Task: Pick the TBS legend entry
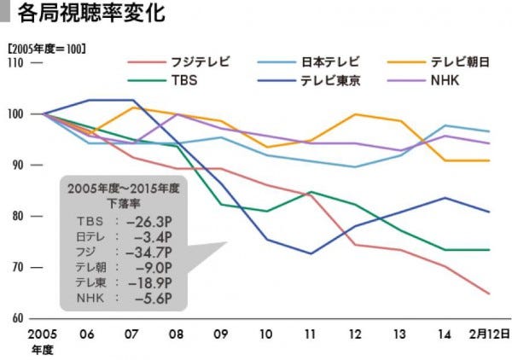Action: point(183,82)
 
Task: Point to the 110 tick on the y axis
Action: point(16,63)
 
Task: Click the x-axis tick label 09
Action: point(219,334)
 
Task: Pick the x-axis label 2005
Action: point(42,334)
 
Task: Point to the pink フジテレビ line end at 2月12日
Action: point(489,294)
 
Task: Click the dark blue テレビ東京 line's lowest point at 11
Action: point(311,253)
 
